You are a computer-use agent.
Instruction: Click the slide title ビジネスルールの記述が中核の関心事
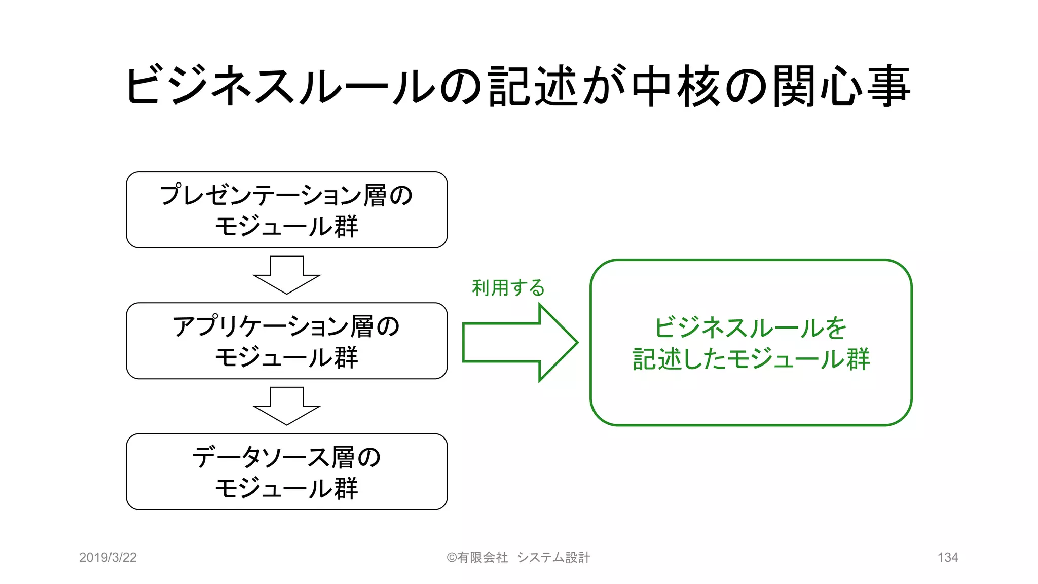[x=517, y=86]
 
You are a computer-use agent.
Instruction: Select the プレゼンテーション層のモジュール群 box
[x=286, y=210]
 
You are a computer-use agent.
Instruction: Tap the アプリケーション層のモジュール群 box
[x=286, y=341]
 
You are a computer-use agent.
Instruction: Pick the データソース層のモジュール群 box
[x=286, y=471]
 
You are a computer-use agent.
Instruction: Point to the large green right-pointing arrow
[x=520, y=343]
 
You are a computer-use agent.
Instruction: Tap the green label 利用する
[x=508, y=288]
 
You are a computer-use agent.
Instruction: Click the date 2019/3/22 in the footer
[x=108, y=557]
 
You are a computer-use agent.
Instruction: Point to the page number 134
[x=947, y=557]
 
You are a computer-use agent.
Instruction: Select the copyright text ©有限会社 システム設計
[x=518, y=557]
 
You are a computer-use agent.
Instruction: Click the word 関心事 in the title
[x=841, y=86]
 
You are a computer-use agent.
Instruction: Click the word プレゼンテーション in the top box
[x=261, y=195]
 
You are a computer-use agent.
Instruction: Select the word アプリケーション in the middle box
[x=261, y=326]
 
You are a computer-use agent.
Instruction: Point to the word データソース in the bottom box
[x=261, y=457]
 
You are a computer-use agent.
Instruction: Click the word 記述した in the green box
[x=679, y=359]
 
